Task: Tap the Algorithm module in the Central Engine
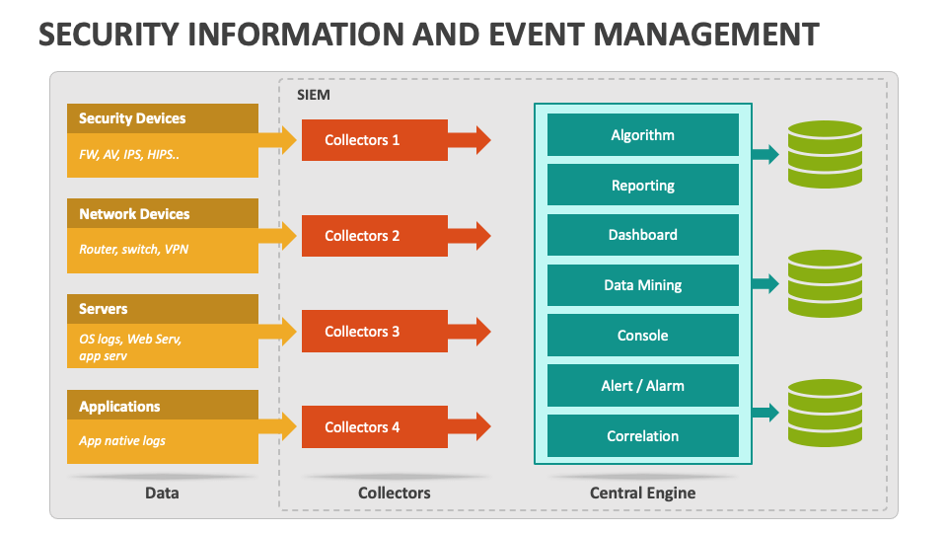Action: pos(642,135)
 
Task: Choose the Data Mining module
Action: pos(642,285)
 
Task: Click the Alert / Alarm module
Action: pos(642,386)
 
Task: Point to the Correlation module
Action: pos(642,435)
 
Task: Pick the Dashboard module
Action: pos(642,235)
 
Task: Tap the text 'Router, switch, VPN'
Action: pos(133,250)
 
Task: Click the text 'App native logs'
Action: pos(122,441)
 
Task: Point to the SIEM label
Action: pos(314,95)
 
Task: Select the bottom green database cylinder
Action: pos(825,413)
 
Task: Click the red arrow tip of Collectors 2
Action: pos(482,236)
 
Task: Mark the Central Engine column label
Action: pos(642,493)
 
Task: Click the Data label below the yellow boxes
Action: pos(162,493)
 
